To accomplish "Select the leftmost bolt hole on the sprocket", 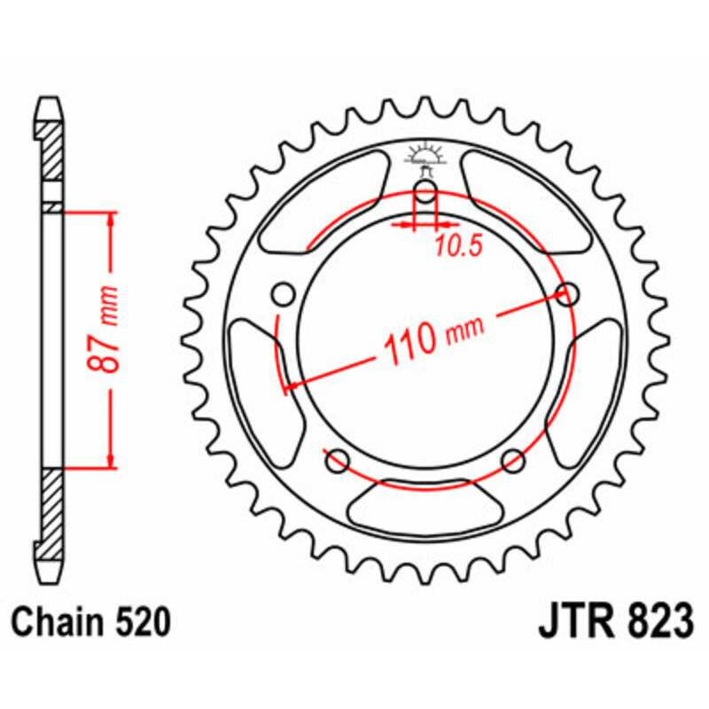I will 284,294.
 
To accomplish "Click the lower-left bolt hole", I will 337,460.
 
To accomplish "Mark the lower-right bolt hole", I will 513,460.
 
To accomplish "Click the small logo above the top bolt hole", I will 425,157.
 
